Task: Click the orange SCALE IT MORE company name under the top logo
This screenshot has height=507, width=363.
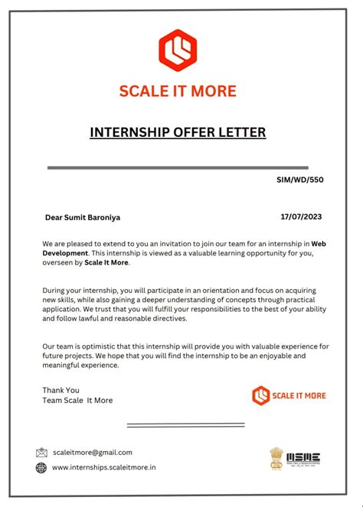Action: point(178,91)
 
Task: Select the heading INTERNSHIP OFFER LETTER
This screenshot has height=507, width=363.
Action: point(178,132)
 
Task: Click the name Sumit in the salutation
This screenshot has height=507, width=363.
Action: point(77,217)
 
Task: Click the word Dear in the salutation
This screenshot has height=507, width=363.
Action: point(54,217)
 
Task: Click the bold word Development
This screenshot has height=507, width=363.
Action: point(65,253)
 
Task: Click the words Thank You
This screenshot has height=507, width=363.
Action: point(60,390)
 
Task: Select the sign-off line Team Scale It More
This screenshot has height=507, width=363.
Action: point(77,400)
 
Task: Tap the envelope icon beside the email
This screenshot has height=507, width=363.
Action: point(41,453)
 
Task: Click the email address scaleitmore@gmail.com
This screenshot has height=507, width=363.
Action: point(92,453)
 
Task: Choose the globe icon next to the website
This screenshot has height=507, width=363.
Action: point(41,468)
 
